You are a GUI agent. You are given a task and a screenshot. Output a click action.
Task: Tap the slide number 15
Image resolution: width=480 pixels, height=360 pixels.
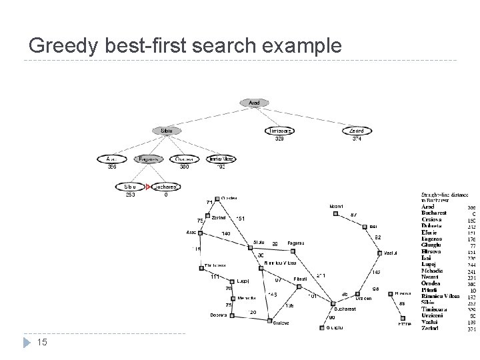pos(41,343)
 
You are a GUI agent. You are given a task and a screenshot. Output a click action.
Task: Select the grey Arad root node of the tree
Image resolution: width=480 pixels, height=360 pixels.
pos(254,103)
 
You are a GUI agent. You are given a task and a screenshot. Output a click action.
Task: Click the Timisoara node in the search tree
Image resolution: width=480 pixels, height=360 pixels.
pos(279,131)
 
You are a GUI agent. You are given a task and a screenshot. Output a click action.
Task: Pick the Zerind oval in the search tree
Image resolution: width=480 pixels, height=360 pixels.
pos(355,131)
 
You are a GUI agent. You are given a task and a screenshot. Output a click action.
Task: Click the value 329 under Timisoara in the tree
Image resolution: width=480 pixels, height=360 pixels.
pos(279,139)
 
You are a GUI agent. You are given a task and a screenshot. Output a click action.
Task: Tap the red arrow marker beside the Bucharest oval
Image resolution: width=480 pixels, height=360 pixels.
pos(149,187)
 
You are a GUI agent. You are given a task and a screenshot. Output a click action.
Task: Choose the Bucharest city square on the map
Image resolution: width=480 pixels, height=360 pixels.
pos(332,303)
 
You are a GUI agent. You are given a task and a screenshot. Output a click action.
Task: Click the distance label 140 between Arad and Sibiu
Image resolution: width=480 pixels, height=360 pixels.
pos(226,233)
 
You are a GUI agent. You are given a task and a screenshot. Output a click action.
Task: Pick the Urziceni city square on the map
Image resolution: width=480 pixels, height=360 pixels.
pos(359,293)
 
